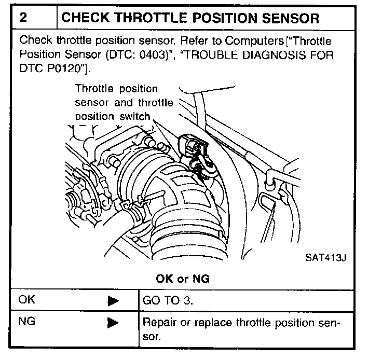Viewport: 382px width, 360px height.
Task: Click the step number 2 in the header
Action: click(x=24, y=19)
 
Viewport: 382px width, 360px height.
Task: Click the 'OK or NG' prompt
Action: click(x=183, y=279)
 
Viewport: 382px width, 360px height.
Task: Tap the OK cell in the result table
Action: click(x=26, y=299)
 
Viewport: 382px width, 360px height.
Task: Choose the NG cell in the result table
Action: click(x=26, y=321)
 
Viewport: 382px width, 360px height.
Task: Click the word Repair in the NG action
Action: click(x=158, y=322)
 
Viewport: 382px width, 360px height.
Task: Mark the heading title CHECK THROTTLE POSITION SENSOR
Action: click(x=190, y=19)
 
